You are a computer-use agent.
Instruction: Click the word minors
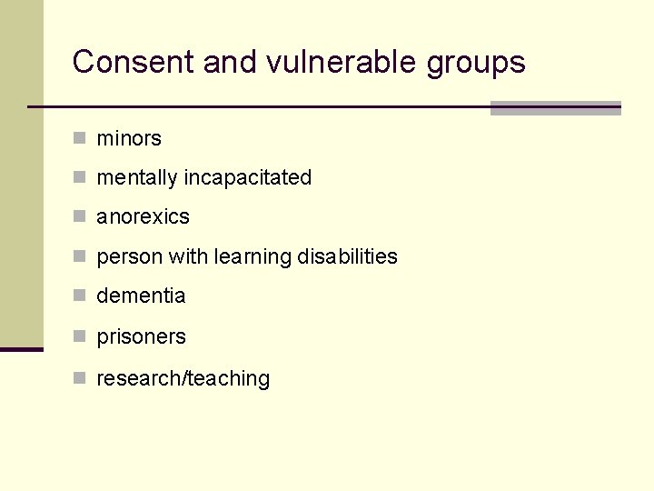point(129,139)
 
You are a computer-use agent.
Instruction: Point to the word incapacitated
point(247,178)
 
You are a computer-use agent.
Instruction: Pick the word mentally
point(137,178)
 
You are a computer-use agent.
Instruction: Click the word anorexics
point(144,217)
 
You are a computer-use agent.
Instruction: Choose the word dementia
point(141,296)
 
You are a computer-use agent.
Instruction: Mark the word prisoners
point(141,337)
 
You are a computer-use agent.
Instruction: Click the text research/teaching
point(183,379)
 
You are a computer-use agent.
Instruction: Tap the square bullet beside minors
point(80,138)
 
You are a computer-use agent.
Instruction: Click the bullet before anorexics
point(80,216)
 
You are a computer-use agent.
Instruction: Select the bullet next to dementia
point(80,296)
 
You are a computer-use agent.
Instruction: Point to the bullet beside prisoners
point(80,336)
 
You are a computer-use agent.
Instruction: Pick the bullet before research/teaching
point(80,378)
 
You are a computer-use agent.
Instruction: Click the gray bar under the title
point(555,108)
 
